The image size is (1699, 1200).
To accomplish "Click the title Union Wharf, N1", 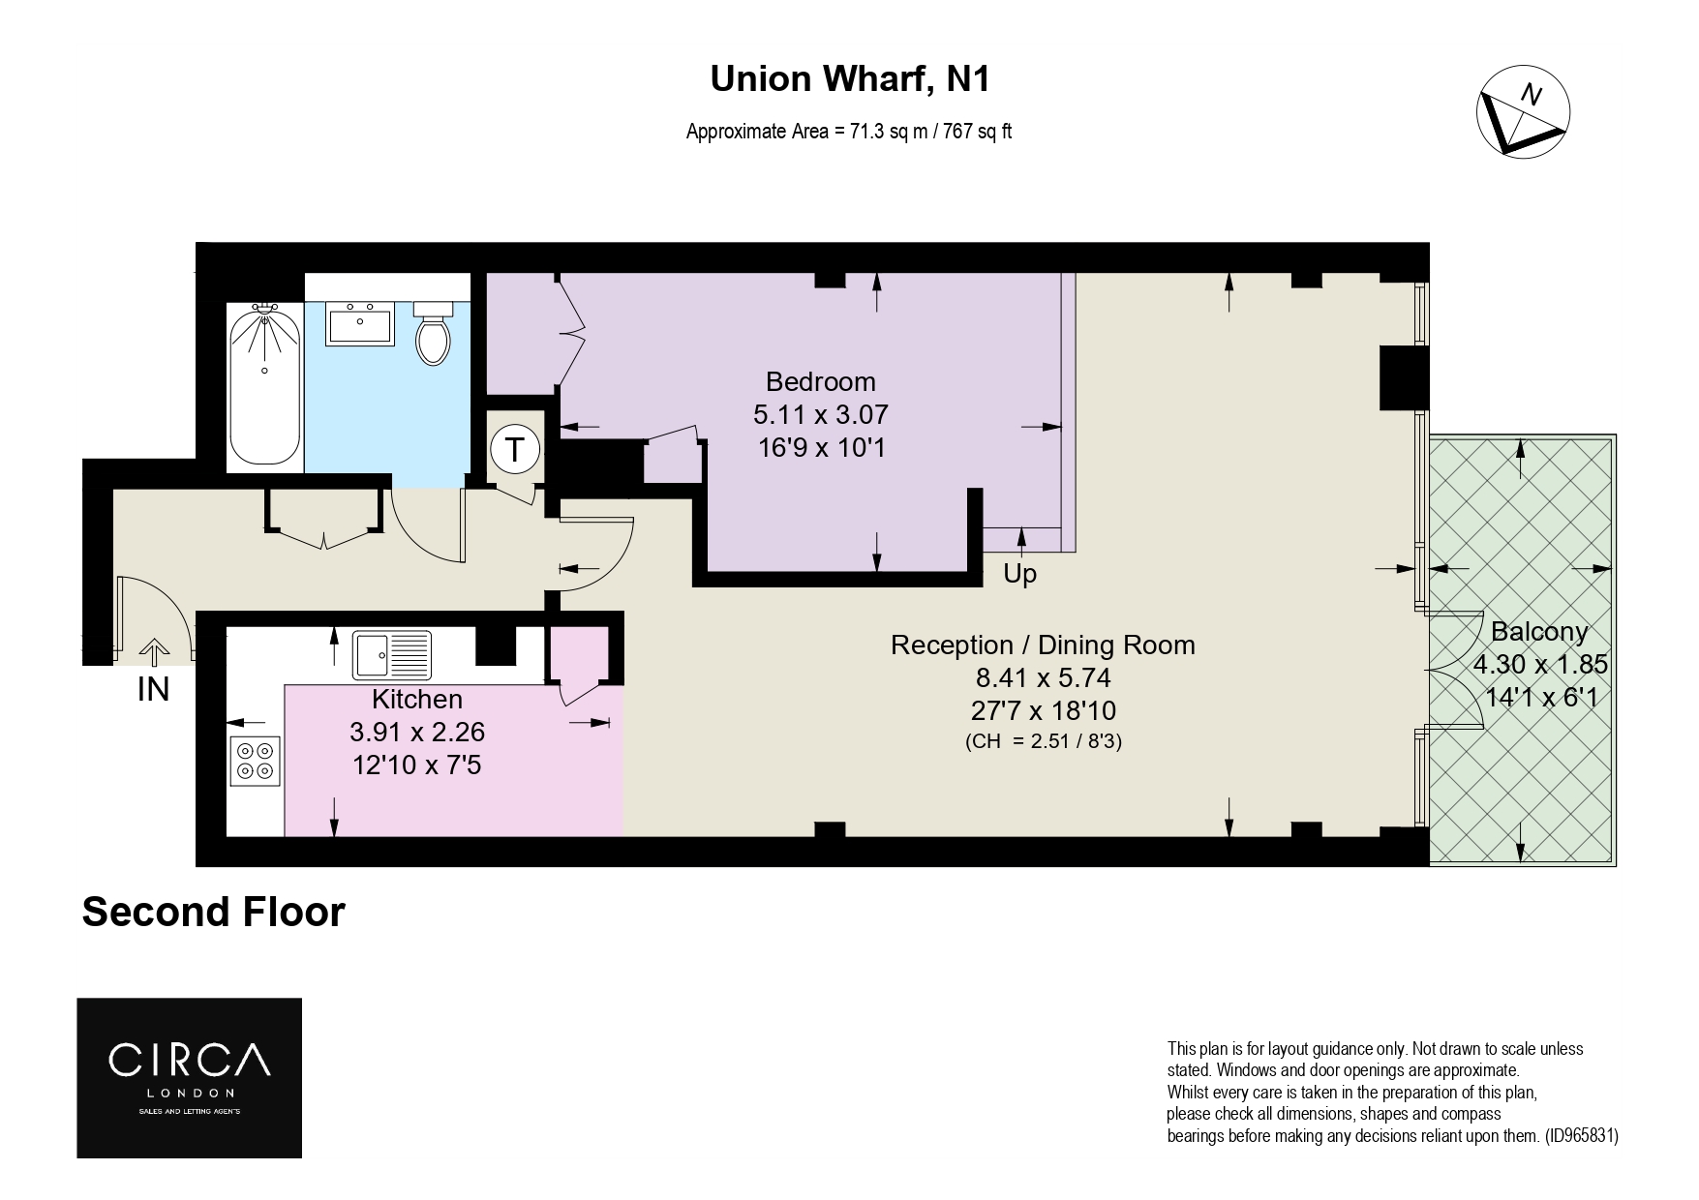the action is (850, 79).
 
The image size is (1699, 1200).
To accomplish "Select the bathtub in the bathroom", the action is (264, 386).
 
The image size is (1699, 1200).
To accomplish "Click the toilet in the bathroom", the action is (434, 332).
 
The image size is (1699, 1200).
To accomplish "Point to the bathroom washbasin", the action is (360, 322).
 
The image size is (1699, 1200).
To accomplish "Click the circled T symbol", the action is (515, 450).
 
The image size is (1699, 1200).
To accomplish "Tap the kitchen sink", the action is (392, 654).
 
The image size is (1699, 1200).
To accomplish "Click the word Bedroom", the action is (820, 381).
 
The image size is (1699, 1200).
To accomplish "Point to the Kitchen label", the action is (417, 699).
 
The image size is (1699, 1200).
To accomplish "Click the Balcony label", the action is (1539, 632).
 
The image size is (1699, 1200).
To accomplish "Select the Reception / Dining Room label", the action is (1043, 645).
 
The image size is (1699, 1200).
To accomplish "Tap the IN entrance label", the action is (154, 690).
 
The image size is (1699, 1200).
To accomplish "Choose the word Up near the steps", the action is (1019, 575).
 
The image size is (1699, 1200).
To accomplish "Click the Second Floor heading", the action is (213, 912).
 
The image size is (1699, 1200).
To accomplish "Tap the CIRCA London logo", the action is (190, 1078).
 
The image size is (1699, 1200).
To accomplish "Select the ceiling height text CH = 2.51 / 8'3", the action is (1044, 742).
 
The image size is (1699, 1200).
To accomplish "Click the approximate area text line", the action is (849, 132).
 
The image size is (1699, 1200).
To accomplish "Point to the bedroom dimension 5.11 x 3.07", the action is (821, 414).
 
